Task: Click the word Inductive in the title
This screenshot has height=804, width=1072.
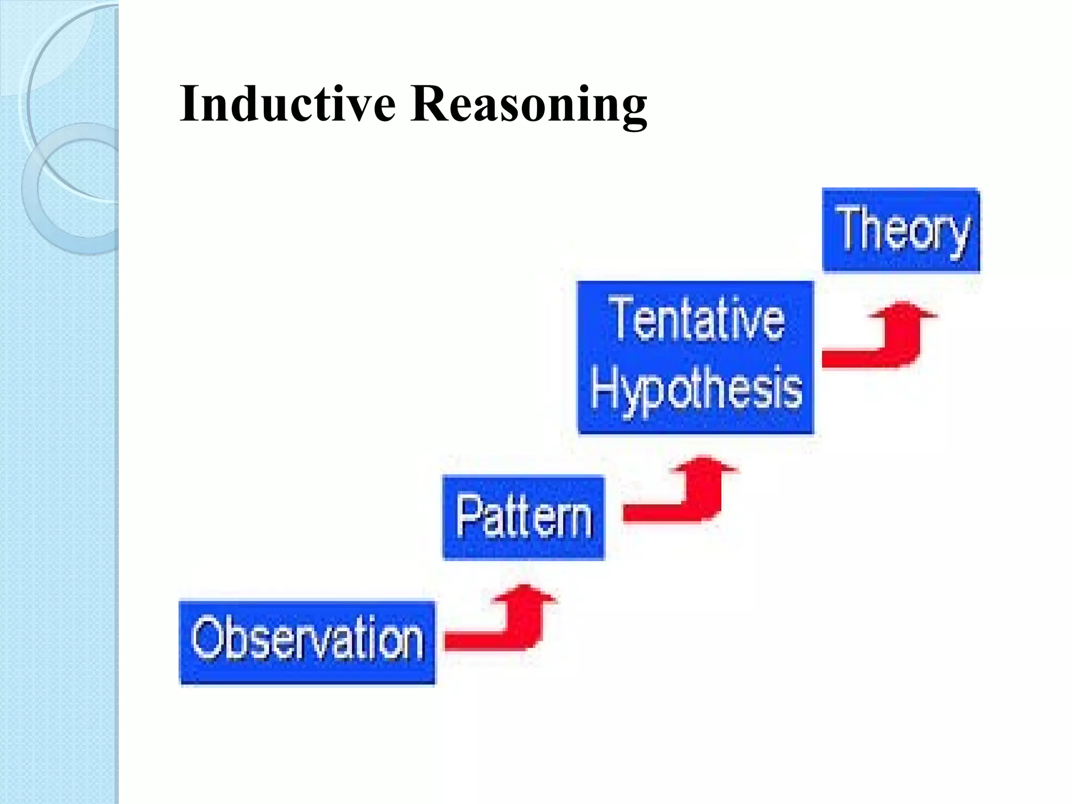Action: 287,104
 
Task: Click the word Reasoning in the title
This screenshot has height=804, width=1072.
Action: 529,104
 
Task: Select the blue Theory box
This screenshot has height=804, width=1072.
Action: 900,230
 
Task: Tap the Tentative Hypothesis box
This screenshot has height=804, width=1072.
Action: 696,357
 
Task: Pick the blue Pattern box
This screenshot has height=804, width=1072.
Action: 523,517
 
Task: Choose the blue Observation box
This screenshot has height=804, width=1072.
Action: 307,642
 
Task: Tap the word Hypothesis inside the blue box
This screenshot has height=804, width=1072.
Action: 696,390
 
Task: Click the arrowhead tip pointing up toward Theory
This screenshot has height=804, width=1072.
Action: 902,305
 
